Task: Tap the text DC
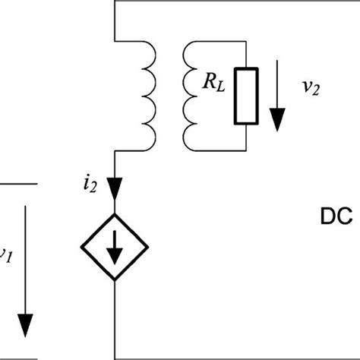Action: pyautogui.click(x=333, y=217)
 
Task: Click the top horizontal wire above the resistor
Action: pyautogui.click(x=228, y=2)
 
